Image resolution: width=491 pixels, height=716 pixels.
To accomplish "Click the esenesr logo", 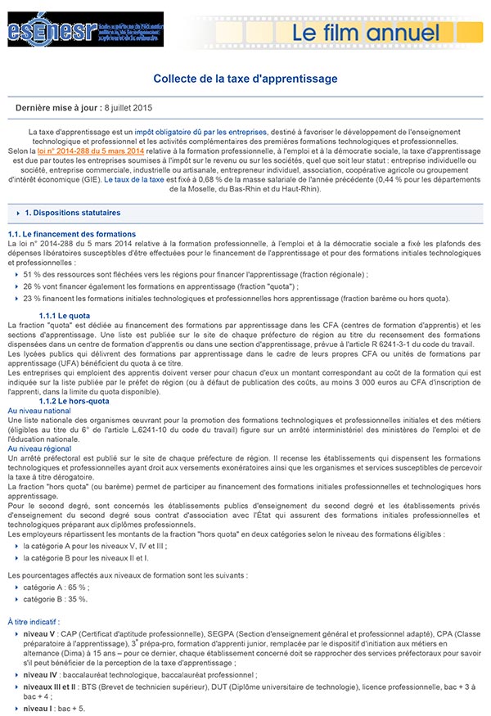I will pos(53,31).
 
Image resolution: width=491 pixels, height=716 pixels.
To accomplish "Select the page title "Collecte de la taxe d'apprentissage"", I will pos(245,79).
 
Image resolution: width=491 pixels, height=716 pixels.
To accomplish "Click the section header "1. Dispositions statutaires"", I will pos(72,213).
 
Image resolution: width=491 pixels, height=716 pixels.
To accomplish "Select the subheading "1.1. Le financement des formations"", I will pos(61,234).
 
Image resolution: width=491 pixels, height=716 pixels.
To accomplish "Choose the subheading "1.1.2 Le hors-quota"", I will pos(74,401).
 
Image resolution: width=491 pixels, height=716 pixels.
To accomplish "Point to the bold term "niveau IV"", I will pos(41,675).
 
